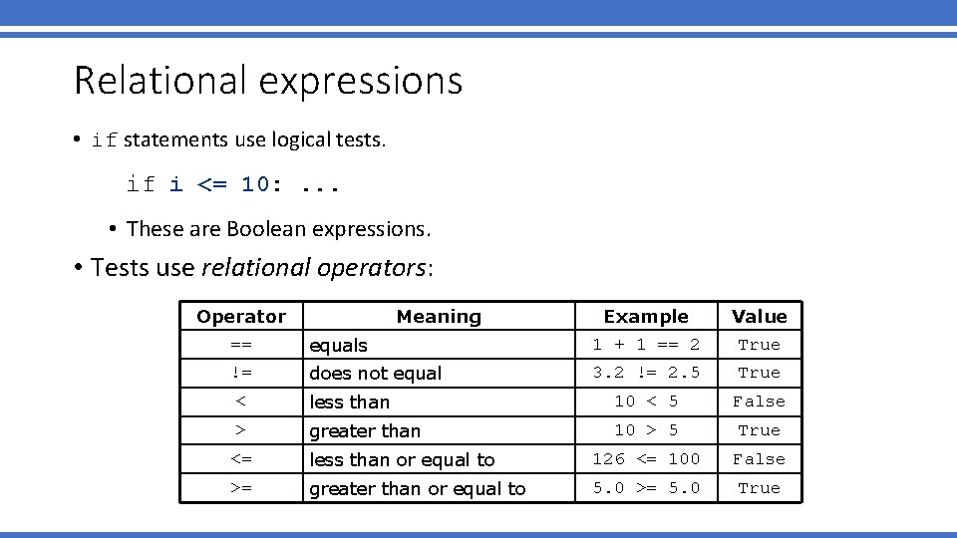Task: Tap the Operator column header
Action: coord(241,317)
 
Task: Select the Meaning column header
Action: coord(439,317)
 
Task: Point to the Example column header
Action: coord(646,317)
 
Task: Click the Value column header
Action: coord(759,317)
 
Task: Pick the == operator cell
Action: coord(241,345)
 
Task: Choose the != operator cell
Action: coord(241,373)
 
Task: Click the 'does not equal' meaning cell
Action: coord(376,374)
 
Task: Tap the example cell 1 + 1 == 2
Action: coord(646,345)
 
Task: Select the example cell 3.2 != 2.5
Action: coord(646,373)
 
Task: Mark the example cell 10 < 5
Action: coord(646,402)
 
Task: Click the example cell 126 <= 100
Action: coord(646,459)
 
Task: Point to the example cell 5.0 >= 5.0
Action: coord(646,488)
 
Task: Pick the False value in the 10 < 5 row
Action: coord(759,402)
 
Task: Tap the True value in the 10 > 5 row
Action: coord(759,430)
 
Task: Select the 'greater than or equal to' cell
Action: coord(418,489)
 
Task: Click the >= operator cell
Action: coord(241,488)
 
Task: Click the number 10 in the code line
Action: coord(254,184)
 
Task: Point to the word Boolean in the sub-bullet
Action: coord(267,229)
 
